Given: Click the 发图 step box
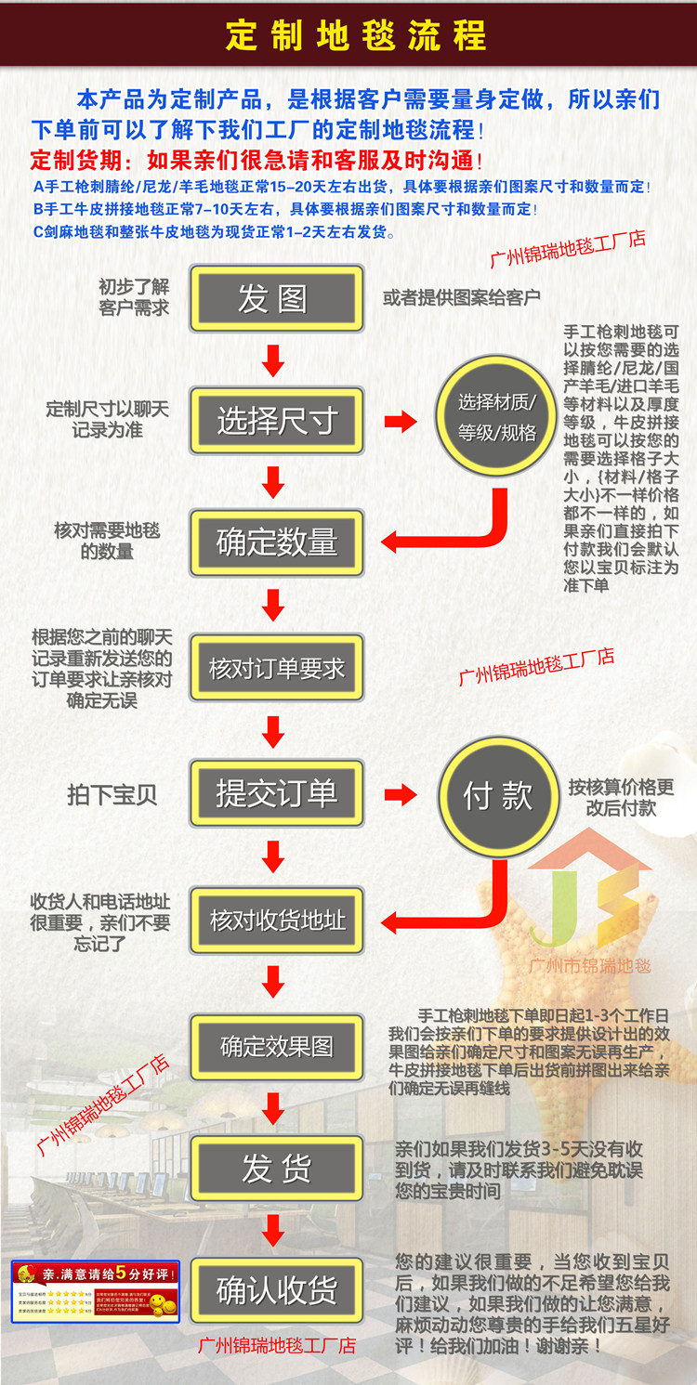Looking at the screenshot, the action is (276, 299).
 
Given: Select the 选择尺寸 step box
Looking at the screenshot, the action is (276, 421).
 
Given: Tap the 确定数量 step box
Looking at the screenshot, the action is (276, 542).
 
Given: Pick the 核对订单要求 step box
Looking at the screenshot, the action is (276, 668).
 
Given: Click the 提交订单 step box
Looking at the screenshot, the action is (276, 793).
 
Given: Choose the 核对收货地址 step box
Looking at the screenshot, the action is (276, 921).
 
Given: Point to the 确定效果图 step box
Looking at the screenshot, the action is (276, 1047).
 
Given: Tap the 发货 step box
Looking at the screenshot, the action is (276, 1168).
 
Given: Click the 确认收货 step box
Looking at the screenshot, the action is (276, 1290).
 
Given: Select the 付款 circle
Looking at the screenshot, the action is (498, 796).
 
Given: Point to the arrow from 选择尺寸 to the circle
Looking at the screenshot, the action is (401, 422).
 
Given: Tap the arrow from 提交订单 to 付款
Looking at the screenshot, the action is (401, 794).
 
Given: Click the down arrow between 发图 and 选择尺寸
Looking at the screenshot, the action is (273, 360).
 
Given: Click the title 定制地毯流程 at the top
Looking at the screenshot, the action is (356, 35).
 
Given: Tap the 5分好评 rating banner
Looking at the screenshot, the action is (95, 1291).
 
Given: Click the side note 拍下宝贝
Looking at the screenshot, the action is (112, 795).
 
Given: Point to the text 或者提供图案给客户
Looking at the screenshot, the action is (461, 298).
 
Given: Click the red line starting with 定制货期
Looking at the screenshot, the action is (256, 159).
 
